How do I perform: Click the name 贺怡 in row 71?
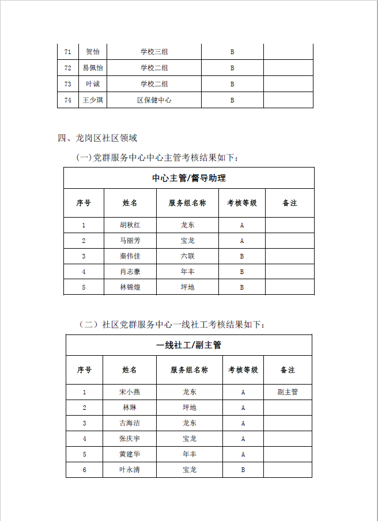pos(93,52)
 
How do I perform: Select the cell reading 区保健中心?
pos(154,100)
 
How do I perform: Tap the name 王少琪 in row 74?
pos(93,100)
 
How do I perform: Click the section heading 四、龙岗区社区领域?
pos(97,138)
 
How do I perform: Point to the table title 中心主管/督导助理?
pos(188,178)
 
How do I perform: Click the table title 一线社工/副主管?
pos(188,345)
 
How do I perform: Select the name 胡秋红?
pos(130,225)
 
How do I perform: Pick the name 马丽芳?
pos(130,241)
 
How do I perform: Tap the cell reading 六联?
pos(187,256)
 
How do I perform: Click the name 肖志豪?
pos(130,272)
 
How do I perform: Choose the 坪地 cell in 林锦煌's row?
pos(187,287)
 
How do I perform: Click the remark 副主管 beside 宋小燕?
pos(288,392)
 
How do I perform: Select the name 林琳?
pos(130,408)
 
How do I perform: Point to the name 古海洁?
pos(130,423)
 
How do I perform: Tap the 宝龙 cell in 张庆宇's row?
pos(190,439)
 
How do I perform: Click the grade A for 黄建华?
pos(243,454)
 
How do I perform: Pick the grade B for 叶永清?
pos(243,470)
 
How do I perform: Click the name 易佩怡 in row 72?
pos(93,68)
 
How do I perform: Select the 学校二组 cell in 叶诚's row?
pos(154,84)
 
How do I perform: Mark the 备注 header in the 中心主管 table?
pos(290,203)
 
